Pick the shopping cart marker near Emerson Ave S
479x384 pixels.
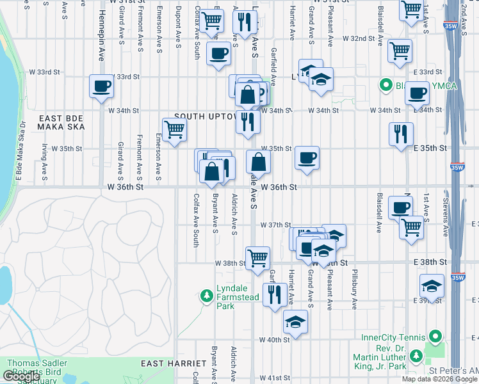(x=174, y=130)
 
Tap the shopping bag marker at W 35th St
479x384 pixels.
(x=258, y=162)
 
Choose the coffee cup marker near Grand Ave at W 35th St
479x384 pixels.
(x=307, y=157)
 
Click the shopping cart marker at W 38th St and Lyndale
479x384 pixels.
(x=257, y=259)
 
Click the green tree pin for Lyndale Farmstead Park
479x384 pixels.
(x=206, y=295)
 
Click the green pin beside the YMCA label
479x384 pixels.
(x=386, y=84)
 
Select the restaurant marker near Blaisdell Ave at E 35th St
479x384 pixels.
(x=401, y=134)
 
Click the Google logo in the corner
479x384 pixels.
(x=22, y=376)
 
